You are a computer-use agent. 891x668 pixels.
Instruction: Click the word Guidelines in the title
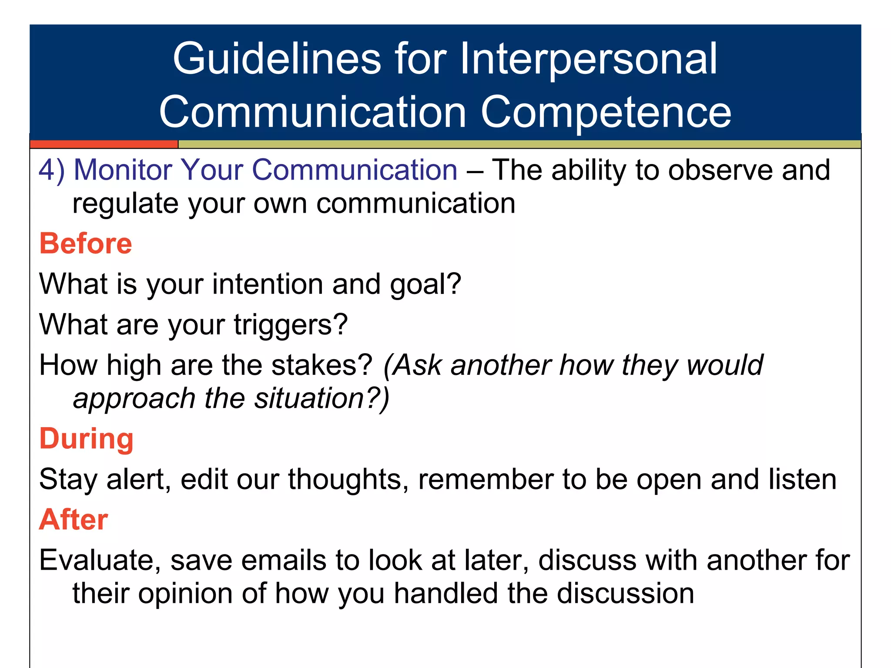(277, 59)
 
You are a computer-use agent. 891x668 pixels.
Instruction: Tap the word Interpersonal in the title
(588, 59)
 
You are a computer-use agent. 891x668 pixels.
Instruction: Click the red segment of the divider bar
(104, 144)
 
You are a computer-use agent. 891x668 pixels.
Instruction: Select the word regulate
(125, 204)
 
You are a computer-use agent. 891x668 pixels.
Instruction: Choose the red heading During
(86, 439)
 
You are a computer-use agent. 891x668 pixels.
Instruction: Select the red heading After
(74, 520)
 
